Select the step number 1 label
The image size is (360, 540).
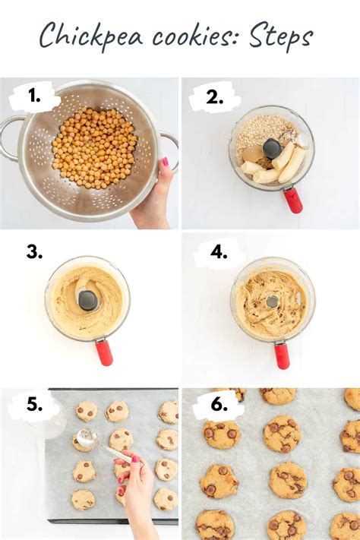pos(34,96)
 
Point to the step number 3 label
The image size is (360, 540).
pos(34,252)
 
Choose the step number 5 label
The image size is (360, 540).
pos(35,406)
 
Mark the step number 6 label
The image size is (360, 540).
pos(219,406)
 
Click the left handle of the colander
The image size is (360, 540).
pos(9,137)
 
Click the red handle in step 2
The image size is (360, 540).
pos(292,199)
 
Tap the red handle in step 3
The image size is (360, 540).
pos(104,352)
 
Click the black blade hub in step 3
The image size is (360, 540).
pos(88,300)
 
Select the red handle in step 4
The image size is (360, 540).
pos(282,355)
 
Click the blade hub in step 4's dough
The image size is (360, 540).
pos(272,302)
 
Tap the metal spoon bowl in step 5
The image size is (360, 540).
pos(87,437)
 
